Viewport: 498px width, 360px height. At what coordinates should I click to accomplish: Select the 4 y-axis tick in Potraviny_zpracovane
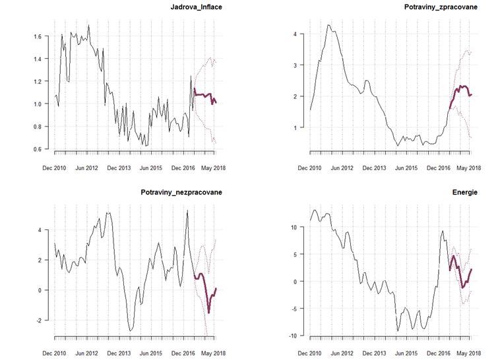[296, 34]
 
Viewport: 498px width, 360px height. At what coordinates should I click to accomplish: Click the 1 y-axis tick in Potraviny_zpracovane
[296, 127]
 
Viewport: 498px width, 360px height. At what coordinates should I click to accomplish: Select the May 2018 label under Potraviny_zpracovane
[470, 169]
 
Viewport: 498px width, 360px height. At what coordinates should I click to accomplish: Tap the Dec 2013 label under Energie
[373, 353]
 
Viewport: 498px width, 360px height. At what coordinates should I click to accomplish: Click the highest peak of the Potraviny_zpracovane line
[328, 25]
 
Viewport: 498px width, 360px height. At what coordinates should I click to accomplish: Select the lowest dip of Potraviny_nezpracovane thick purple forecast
[208, 312]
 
